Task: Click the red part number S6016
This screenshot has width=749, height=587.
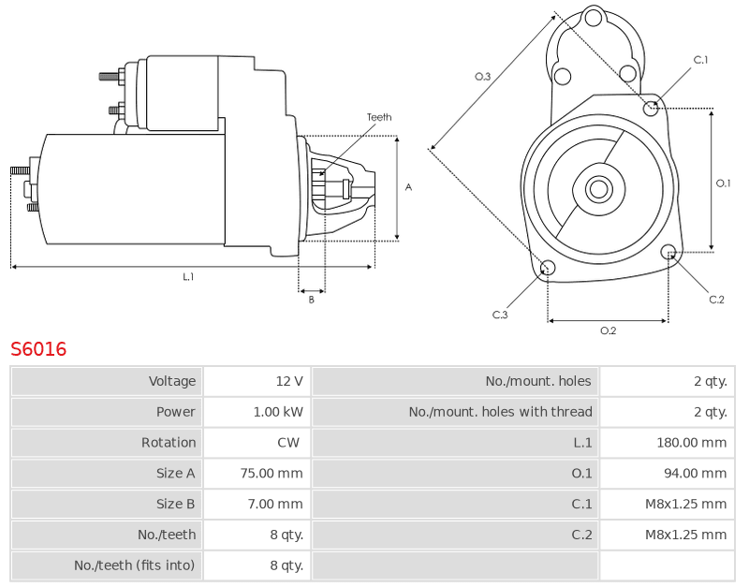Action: click(x=38, y=349)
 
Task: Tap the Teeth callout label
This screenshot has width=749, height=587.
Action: click(x=379, y=117)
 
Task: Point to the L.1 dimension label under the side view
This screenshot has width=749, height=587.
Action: click(x=188, y=276)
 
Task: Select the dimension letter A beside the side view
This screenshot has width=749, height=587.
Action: click(x=408, y=187)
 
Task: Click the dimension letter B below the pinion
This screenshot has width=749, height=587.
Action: click(x=312, y=300)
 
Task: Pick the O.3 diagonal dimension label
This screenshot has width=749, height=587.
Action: click(x=482, y=77)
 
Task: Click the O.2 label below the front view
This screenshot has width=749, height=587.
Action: click(x=608, y=330)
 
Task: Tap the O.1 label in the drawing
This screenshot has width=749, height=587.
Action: click(x=723, y=183)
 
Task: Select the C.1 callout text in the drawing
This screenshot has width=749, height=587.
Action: click(x=700, y=60)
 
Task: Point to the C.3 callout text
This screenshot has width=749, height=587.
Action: click(x=500, y=315)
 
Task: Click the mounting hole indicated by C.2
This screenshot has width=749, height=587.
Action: click(x=668, y=252)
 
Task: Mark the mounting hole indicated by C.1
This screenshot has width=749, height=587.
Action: click(x=651, y=109)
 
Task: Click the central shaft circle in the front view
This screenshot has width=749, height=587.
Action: click(x=598, y=189)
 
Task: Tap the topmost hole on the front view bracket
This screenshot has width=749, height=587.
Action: click(x=594, y=19)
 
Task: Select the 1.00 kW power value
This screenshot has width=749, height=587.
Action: click(x=278, y=412)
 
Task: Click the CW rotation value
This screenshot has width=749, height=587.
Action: click(x=288, y=442)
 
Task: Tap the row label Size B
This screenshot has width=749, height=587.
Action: click(x=175, y=504)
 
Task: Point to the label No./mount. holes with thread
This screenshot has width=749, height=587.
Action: click(x=500, y=412)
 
